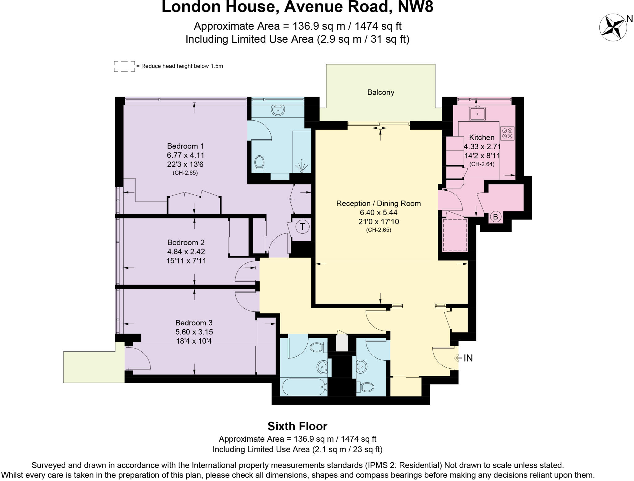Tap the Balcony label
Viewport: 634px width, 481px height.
pos(380,92)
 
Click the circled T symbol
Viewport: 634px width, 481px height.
pos(302,227)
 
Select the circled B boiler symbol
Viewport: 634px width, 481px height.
pos(495,217)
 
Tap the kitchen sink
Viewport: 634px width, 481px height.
pos(477,113)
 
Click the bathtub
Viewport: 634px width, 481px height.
pos(304,387)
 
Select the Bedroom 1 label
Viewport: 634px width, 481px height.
pos(185,146)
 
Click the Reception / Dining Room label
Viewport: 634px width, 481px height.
pos(378,203)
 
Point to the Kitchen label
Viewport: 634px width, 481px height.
pos(481,137)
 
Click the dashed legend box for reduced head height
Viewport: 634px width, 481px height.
pos(124,66)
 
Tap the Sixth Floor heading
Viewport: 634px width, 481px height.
pos(297,426)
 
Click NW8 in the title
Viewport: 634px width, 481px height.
pos(415,7)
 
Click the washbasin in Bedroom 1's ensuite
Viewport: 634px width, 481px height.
pos(278,110)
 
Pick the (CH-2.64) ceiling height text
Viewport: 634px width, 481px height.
pos(482,164)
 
